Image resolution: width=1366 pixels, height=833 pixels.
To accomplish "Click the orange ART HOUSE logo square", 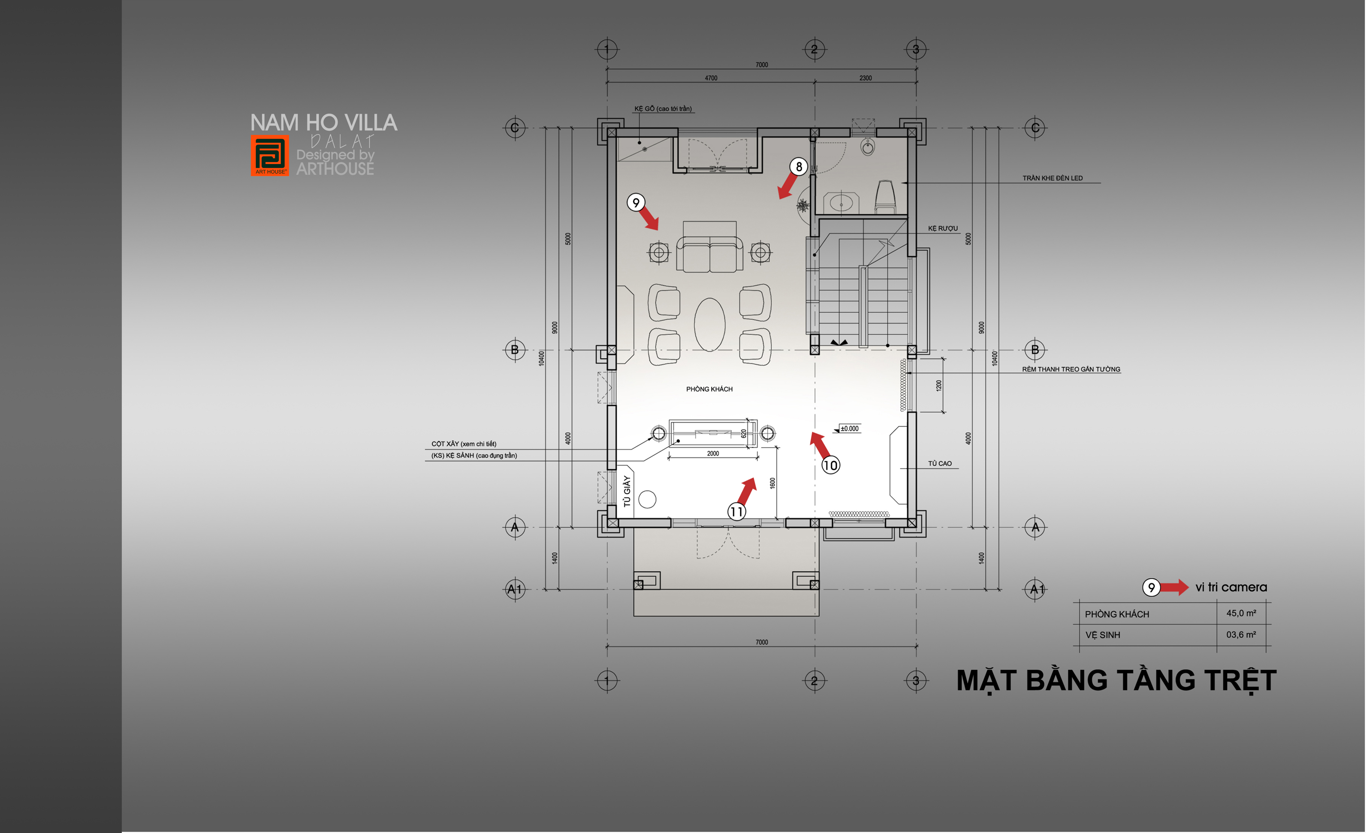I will pos(270,155).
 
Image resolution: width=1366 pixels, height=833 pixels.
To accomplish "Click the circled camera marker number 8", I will pos(798,166).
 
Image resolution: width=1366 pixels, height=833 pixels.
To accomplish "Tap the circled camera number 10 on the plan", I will pos(830,465).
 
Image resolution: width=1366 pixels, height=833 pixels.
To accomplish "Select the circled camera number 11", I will pos(736,512).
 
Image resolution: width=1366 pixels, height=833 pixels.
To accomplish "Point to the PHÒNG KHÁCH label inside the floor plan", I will pos(709,389).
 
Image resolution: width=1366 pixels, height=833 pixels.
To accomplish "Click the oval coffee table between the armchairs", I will pos(710,325).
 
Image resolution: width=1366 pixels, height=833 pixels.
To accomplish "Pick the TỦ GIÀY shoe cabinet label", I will pos(627,491).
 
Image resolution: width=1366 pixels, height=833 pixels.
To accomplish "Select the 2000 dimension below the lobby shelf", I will pos(713,453).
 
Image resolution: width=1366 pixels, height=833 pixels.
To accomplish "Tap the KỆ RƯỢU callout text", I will pos(942,228).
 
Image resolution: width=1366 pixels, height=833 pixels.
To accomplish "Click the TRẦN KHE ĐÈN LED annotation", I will pos(1052,178).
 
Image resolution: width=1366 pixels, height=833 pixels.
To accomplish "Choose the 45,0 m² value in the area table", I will pos(1241,613).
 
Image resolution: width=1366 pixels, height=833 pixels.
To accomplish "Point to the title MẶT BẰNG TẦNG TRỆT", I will pos(1116,681).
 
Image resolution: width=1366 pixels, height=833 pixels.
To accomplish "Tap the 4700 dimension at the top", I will pos(711,78).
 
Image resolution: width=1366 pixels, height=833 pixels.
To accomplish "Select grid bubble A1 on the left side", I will pos(515,589).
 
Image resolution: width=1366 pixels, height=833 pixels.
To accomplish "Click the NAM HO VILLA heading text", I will pos(324,122).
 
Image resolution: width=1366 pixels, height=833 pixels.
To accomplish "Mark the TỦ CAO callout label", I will pos(940,463).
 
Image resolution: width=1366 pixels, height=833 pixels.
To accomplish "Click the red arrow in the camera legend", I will pos(1174,587).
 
